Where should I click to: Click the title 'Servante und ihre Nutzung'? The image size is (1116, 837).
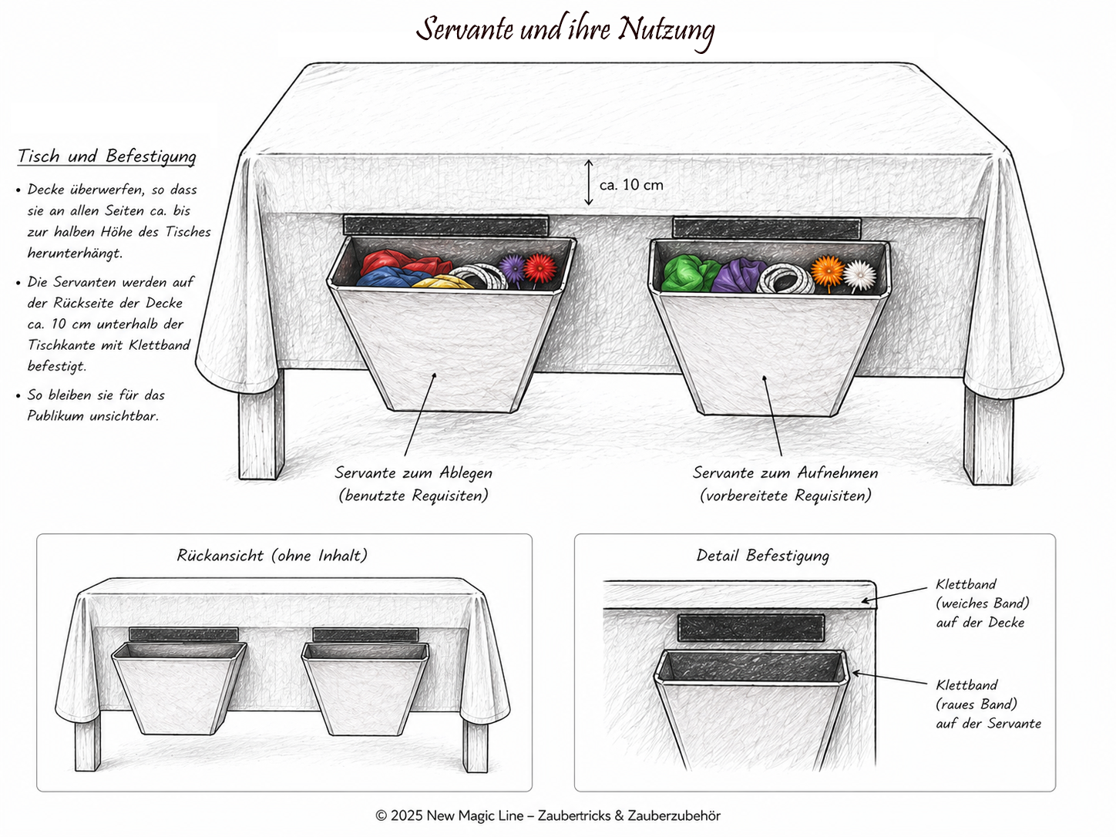[566, 30]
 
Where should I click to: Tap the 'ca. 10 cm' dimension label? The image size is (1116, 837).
[631, 184]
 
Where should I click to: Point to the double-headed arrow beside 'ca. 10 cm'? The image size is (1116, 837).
[588, 183]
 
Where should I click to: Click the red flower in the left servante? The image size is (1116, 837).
[540, 267]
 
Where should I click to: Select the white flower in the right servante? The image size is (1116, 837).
[860, 275]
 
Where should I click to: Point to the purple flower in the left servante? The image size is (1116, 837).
[512, 268]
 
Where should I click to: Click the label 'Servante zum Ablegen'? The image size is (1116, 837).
[413, 472]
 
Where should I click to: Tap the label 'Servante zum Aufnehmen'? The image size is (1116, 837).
[785, 472]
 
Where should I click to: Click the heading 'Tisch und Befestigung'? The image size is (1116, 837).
[107, 156]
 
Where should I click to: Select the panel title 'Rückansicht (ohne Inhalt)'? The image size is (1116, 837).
[272, 555]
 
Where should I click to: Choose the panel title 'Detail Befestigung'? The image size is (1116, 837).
[763, 556]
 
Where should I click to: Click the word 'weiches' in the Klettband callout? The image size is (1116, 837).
[963, 603]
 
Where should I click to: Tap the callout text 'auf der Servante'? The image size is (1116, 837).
[988, 723]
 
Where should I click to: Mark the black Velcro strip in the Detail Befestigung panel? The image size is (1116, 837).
[751, 628]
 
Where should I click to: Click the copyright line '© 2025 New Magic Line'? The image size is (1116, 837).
[449, 815]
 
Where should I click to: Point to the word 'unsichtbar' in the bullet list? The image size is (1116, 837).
[124, 416]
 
